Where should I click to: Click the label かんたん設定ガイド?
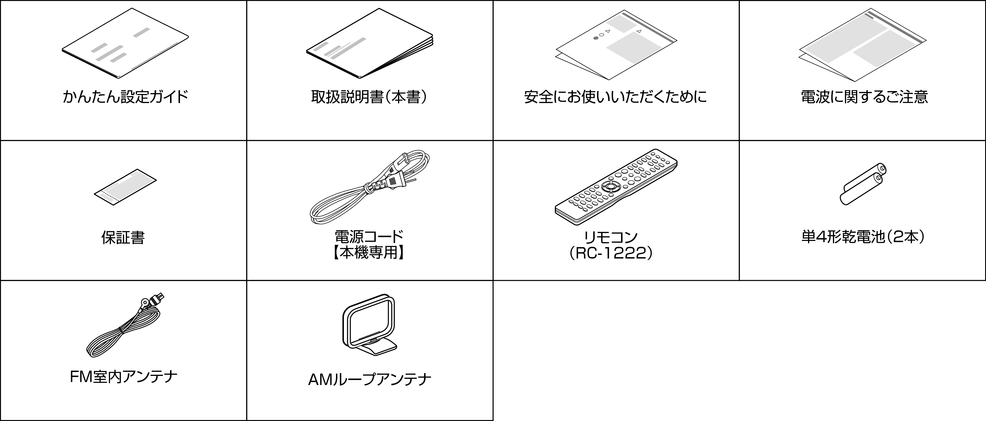(126, 97)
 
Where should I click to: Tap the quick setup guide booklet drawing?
(125, 43)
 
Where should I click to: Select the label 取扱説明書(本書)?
(369, 97)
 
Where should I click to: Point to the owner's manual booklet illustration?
(370, 43)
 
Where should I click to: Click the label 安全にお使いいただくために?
(615, 97)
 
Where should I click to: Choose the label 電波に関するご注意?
(864, 97)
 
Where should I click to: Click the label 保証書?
(123, 237)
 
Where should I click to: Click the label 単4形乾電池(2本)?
(863, 237)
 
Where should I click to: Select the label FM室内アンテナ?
(124, 377)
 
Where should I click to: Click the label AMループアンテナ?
(370, 380)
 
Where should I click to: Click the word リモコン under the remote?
(611, 237)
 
